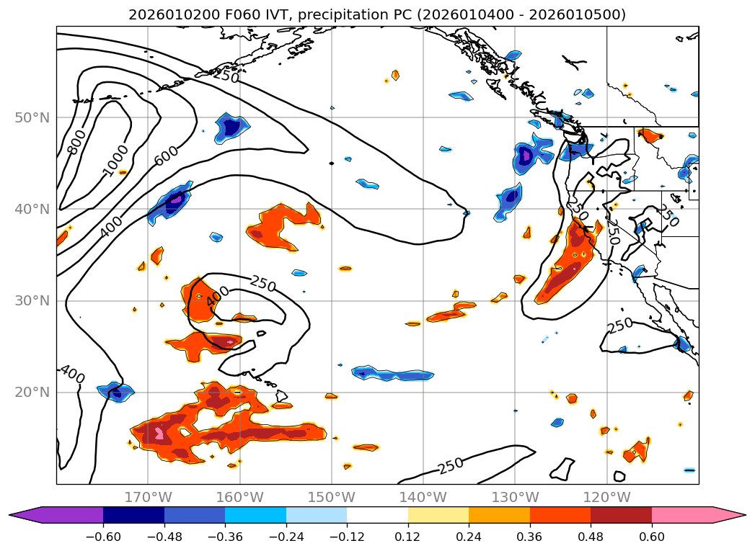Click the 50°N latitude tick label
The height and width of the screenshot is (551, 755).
click(x=32, y=117)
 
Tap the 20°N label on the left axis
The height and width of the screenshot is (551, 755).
click(x=32, y=393)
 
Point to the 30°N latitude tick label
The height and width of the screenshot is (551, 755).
click(x=32, y=301)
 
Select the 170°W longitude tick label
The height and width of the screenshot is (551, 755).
click(x=148, y=497)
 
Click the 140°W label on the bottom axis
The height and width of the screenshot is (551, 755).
click(x=423, y=497)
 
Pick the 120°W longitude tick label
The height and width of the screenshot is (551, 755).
click(x=606, y=497)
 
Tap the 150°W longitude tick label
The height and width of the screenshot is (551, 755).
click(x=331, y=497)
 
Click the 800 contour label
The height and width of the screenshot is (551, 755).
click(x=76, y=141)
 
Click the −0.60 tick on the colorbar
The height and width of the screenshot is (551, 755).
click(x=103, y=538)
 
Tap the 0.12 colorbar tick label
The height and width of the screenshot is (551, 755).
click(x=408, y=538)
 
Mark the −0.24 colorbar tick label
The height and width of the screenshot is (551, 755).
click(x=286, y=538)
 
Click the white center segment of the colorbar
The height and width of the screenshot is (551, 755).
click(x=377, y=515)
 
